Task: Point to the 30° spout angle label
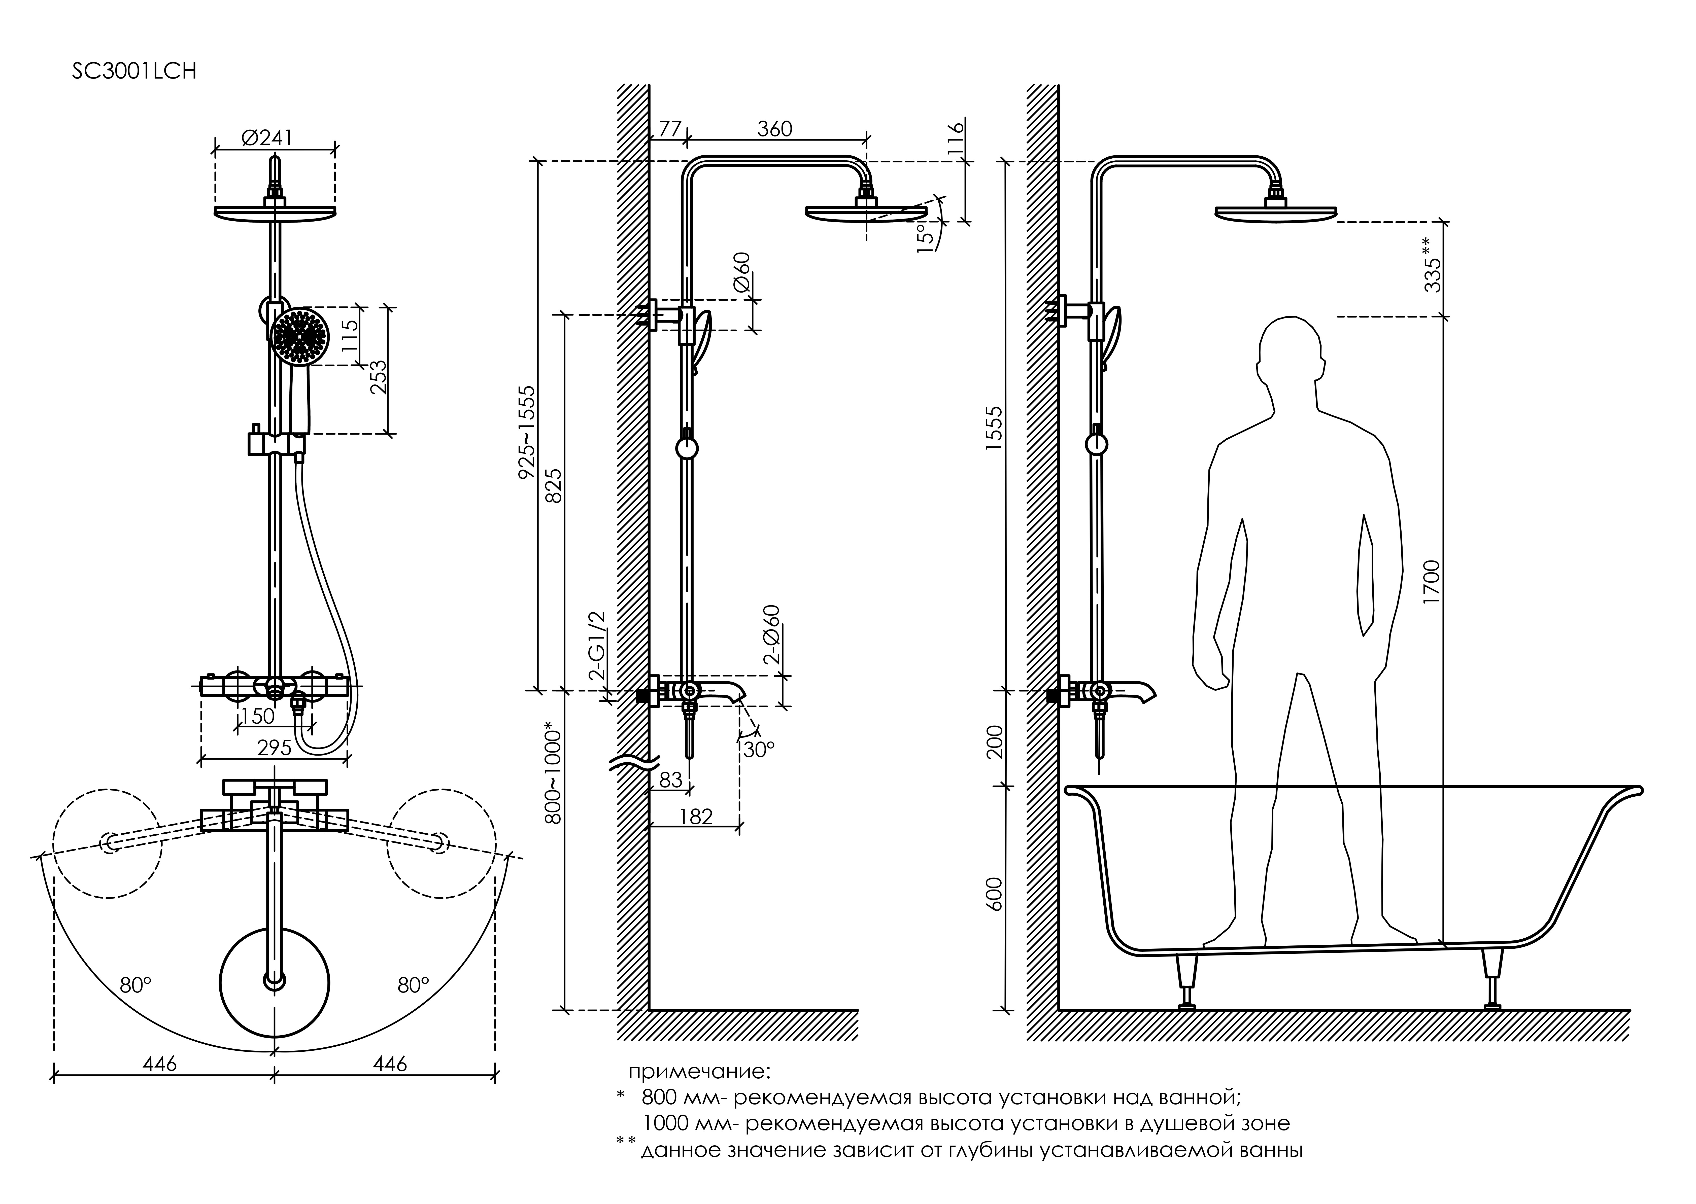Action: (758, 750)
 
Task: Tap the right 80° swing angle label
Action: (413, 985)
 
